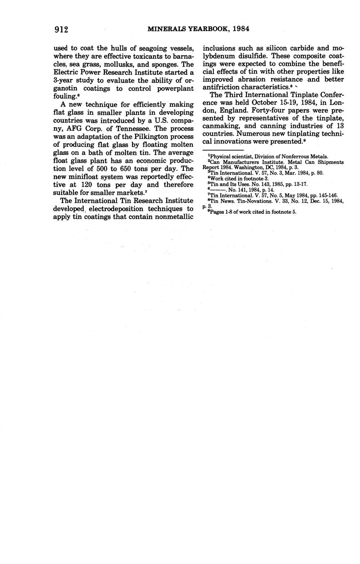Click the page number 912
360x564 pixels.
coord(60,29)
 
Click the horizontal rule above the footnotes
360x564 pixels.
coord(223,150)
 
